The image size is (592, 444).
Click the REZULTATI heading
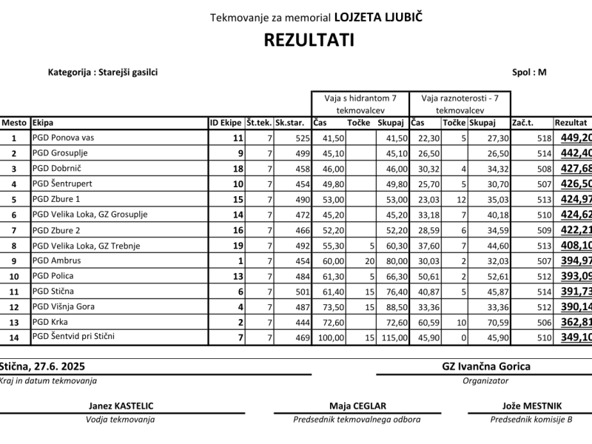tap(309, 40)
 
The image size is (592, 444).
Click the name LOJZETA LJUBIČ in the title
tap(380, 16)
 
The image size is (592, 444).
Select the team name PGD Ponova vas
tap(63, 138)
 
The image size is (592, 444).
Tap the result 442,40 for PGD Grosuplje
tap(576, 153)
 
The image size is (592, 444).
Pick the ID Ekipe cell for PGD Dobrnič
tap(238, 169)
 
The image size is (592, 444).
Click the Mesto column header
tap(14, 123)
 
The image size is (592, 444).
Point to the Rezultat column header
tap(571, 123)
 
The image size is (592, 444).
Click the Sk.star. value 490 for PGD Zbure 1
tap(301, 199)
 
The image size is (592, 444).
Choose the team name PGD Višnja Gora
tap(64, 306)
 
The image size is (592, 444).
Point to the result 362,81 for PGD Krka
tap(576, 322)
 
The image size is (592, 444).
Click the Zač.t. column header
tap(523, 123)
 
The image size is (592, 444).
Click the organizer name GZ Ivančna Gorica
tap(485, 366)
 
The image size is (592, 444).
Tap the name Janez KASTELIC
tap(121, 406)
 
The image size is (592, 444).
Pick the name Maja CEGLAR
tap(358, 406)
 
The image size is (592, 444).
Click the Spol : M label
tap(528, 73)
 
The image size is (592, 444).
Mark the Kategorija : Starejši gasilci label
tap(103, 73)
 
